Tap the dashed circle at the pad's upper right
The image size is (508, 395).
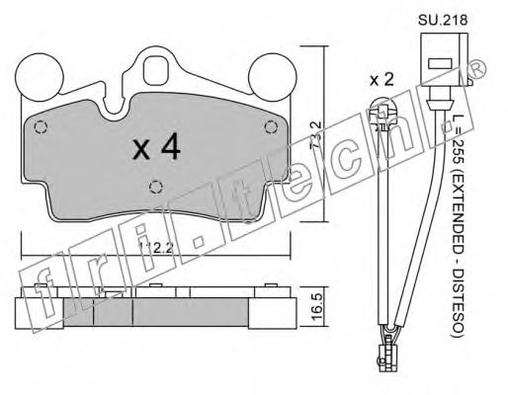coord(272,126)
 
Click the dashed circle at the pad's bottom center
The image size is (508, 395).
coord(154,188)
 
